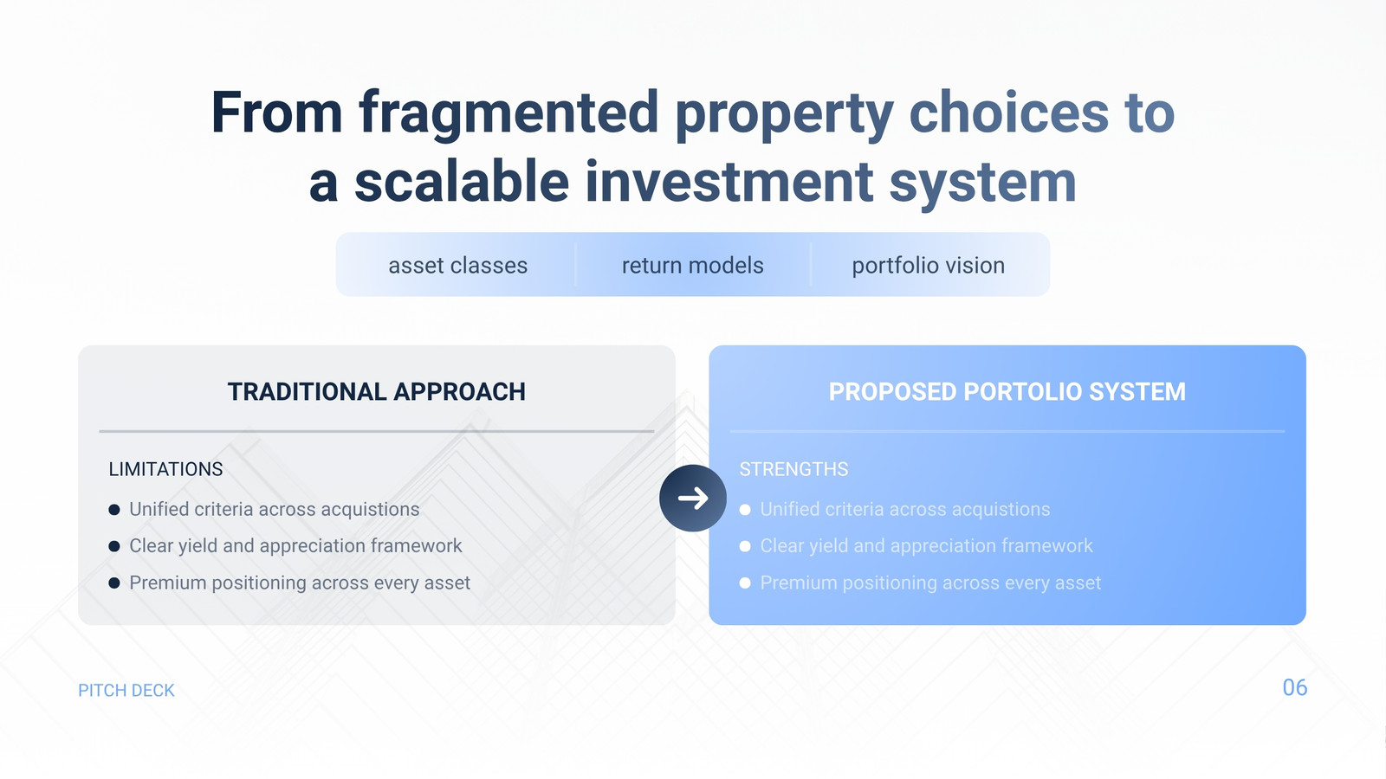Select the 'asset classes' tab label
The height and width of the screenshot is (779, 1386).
[458, 265]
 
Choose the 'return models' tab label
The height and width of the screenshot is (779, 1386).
[692, 265]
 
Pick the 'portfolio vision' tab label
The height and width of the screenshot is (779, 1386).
[928, 266]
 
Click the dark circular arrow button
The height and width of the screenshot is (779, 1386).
[692, 498]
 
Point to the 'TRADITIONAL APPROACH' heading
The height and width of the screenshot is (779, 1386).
[376, 391]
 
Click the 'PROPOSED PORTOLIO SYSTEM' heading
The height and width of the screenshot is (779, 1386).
[1007, 391]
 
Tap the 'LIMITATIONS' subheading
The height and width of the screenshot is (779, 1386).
[165, 469]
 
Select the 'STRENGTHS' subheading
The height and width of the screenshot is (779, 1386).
[793, 469]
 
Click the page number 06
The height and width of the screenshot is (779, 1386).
[1295, 687]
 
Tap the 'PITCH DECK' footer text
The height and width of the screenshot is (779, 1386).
[126, 690]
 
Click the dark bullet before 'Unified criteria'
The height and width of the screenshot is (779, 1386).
[113, 510]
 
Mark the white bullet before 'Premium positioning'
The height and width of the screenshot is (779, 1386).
[745, 583]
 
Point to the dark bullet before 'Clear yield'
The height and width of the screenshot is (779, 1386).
[113, 546]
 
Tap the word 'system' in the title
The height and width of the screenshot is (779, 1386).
[982, 183]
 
